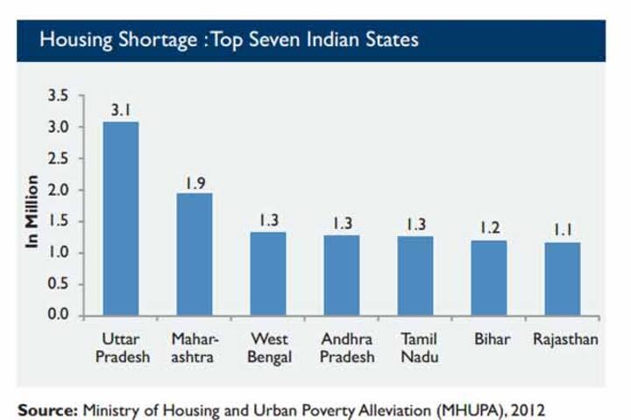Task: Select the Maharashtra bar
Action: coord(195,254)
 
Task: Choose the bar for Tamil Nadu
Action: coord(415,275)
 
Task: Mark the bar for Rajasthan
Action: coord(562,278)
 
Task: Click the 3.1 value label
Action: coord(121,110)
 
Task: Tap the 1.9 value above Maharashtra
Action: coord(195,183)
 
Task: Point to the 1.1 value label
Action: coord(562,231)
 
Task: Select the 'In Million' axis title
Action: coord(32,211)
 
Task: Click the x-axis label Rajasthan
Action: coord(565,339)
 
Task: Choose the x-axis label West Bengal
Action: coord(269,348)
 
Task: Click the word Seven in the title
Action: coord(274,39)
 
